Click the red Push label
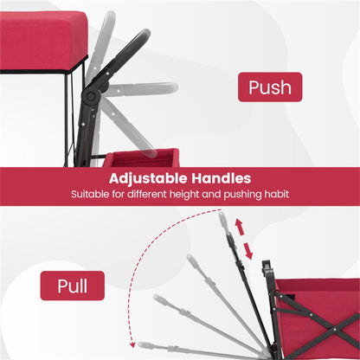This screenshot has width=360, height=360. click(x=270, y=87)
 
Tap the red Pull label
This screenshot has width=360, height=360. click(x=72, y=286)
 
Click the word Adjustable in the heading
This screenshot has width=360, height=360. click(x=148, y=179)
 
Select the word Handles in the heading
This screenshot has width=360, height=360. click(x=222, y=178)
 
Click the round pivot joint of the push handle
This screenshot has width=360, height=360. click(x=91, y=97)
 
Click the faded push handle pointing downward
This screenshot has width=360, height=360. click(x=127, y=127)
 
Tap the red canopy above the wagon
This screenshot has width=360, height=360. click(x=43, y=42)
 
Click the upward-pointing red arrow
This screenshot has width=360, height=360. click(x=239, y=228)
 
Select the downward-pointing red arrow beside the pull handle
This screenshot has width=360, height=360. click(x=248, y=250)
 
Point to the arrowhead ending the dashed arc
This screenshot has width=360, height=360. click(x=132, y=344)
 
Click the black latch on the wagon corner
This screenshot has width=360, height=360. click(x=267, y=268)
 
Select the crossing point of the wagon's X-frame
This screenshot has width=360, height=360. click(x=335, y=329)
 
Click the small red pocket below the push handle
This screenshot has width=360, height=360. click(x=141, y=158)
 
